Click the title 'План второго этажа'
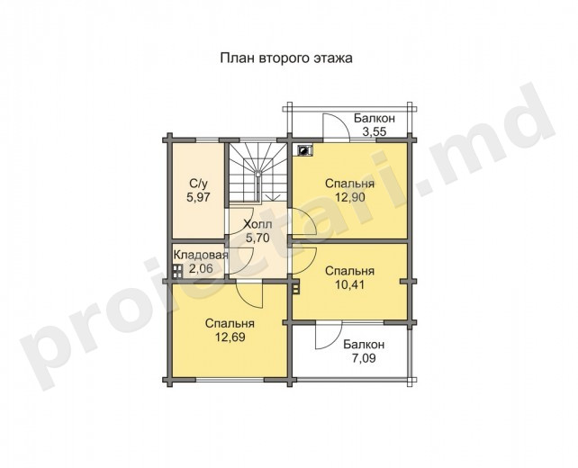point(286,58)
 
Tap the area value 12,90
point(350,197)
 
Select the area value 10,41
point(349,284)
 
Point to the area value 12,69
point(230,337)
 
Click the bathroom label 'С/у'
point(198,183)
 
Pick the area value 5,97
point(198,197)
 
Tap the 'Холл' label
point(257,224)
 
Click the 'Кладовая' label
point(201,255)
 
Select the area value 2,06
point(201,268)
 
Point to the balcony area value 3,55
point(375,131)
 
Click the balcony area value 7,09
point(364,358)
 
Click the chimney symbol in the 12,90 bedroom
point(304,150)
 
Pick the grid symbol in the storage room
point(177,271)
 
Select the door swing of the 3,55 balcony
point(336,127)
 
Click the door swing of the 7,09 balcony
point(329,335)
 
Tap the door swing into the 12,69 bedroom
point(248,293)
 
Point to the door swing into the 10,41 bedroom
point(304,260)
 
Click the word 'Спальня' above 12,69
point(230,323)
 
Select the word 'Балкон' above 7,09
point(364,345)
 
